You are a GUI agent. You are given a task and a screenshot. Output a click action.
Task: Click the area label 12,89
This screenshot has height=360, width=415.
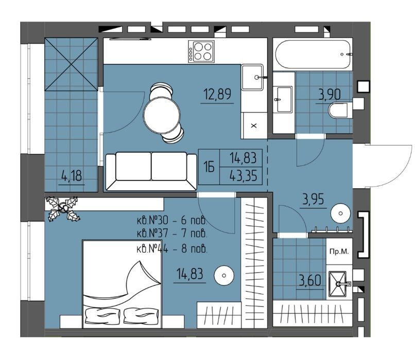click(x=217, y=94)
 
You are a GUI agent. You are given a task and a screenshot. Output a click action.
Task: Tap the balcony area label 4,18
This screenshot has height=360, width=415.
click(x=72, y=175)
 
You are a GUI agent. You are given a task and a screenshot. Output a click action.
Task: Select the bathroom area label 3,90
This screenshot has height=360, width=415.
click(x=329, y=95)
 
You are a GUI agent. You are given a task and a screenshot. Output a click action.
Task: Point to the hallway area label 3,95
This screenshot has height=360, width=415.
click(x=314, y=200)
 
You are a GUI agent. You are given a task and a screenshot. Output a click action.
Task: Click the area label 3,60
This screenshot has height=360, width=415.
click(x=310, y=280)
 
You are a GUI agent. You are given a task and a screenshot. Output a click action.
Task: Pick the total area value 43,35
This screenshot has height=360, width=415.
click(x=243, y=176)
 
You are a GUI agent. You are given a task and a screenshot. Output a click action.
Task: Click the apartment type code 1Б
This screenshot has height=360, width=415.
click(x=209, y=167)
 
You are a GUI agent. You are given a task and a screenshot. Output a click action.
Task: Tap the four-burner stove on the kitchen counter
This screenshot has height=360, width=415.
click(x=201, y=51)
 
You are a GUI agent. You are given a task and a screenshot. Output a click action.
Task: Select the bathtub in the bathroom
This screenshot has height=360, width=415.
click(x=313, y=55)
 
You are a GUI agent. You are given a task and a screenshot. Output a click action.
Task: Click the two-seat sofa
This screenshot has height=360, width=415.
click(x=151, y=171)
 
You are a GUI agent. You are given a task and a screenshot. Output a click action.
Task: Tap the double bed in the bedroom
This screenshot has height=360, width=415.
click(x=122, y=284)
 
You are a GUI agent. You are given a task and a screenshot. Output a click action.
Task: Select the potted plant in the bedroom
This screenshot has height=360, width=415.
click(x=63, y=208)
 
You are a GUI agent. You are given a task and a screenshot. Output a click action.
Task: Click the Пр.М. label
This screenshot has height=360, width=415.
click(x=339, y=251)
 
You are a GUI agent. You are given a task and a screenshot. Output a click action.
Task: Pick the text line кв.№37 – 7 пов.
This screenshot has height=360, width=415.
click(x=172, y=233)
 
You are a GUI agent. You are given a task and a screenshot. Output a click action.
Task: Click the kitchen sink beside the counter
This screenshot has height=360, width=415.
click(x=252, y=77)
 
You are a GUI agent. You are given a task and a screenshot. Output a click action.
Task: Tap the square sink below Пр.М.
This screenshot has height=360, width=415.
click(x=337, y=284)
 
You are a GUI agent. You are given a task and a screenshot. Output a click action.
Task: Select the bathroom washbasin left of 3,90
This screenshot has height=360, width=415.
click(x=284, y=99)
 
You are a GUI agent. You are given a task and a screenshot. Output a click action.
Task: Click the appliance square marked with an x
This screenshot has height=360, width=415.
click(x=254, y=125)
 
